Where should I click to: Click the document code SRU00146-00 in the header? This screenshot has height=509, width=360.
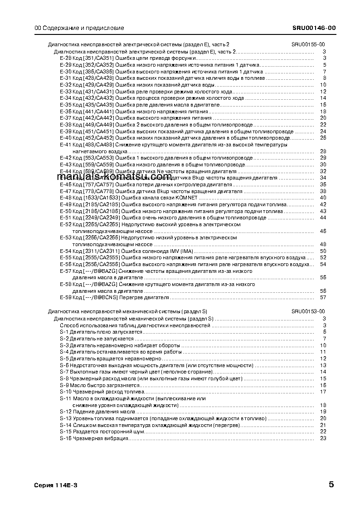(x=314, y=28)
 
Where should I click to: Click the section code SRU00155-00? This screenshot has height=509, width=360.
(x=308, y=44)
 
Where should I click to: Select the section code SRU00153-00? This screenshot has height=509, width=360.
(x=308, y=312)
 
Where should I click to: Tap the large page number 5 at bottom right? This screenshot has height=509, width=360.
(x=331, y=485)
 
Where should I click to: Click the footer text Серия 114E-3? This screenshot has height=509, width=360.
(x=56, y=485)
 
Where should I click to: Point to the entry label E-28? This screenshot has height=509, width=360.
(x=66, y=58)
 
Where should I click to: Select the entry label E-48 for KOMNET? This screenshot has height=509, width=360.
(x=66, y=198)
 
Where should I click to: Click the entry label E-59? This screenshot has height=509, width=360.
(x=66, y=298)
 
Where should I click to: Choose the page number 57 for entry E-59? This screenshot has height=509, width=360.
(x=323, y=298)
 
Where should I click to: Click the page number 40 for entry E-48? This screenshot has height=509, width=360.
(x=323, y=198)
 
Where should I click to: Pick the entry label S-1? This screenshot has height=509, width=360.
(x=64, y=332)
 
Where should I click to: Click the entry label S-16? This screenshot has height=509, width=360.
(x=65, y=438)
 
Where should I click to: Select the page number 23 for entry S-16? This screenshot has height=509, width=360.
(x=323, y=438)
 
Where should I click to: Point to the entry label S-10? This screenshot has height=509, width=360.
(x=65, y=392)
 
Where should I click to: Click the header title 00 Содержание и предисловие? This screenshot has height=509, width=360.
(x=79, y=28)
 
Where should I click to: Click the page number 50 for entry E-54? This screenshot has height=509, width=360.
(x=323, y=251)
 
